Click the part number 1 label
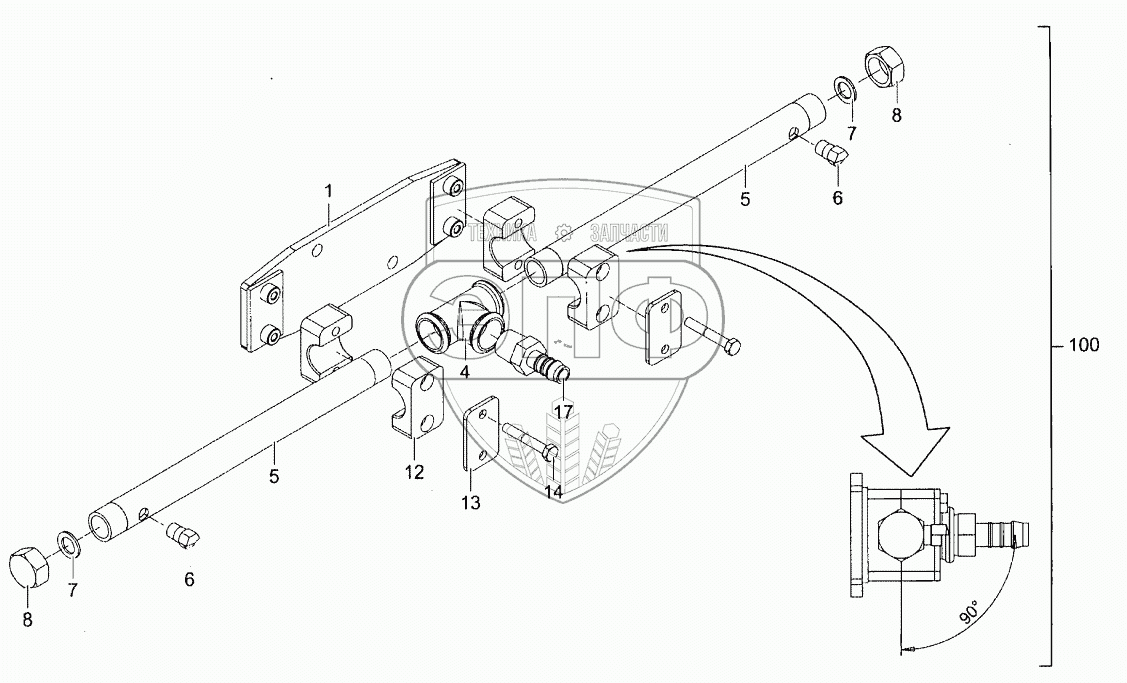coord(328,192)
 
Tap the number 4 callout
coord(465,372)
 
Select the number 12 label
coord(414,472)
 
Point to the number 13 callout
coord(471,503)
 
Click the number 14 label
coord(553,492)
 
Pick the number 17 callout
coord(564,412)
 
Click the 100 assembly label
coord(1083,345)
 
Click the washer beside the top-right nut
coord(844,88)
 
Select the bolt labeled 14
coord(530,441)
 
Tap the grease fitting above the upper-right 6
coord(833,152)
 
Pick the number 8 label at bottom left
coord(27,620)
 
